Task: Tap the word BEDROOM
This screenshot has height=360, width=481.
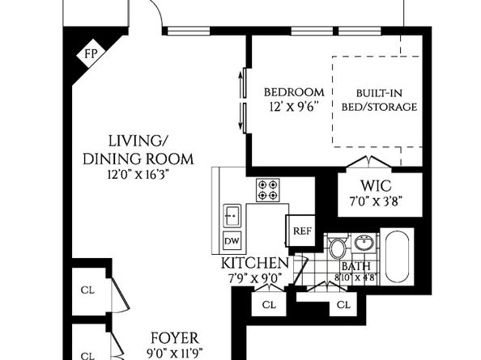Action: [294, 91]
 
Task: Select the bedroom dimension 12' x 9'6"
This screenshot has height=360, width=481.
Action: [294, 106]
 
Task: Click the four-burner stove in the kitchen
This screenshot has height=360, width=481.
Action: [268, 190]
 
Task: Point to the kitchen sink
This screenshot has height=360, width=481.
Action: [232, 215]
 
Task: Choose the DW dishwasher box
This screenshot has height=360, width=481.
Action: [231, 241]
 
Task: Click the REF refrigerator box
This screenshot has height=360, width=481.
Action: [301, 231]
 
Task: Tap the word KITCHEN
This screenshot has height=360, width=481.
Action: [254, 264]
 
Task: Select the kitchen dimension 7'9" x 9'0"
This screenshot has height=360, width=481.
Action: [254, 278]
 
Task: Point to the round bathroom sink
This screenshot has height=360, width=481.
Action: [364, 242]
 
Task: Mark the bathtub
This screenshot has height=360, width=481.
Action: [397, 254]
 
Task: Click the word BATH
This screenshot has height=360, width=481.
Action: [355, 265]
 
